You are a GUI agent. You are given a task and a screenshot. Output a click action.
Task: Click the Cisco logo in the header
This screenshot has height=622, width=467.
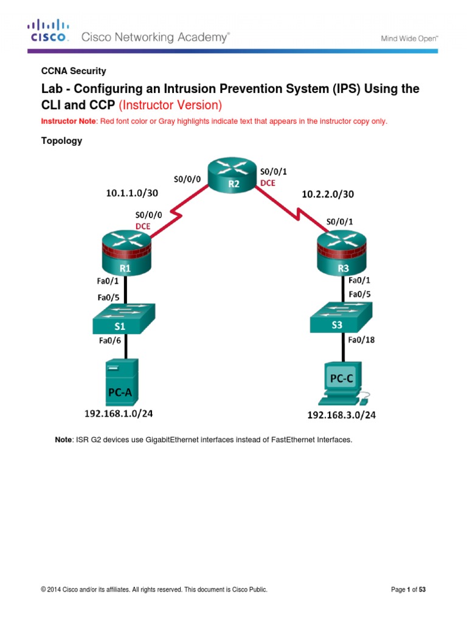48,32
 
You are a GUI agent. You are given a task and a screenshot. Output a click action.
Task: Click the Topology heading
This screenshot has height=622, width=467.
61,141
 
